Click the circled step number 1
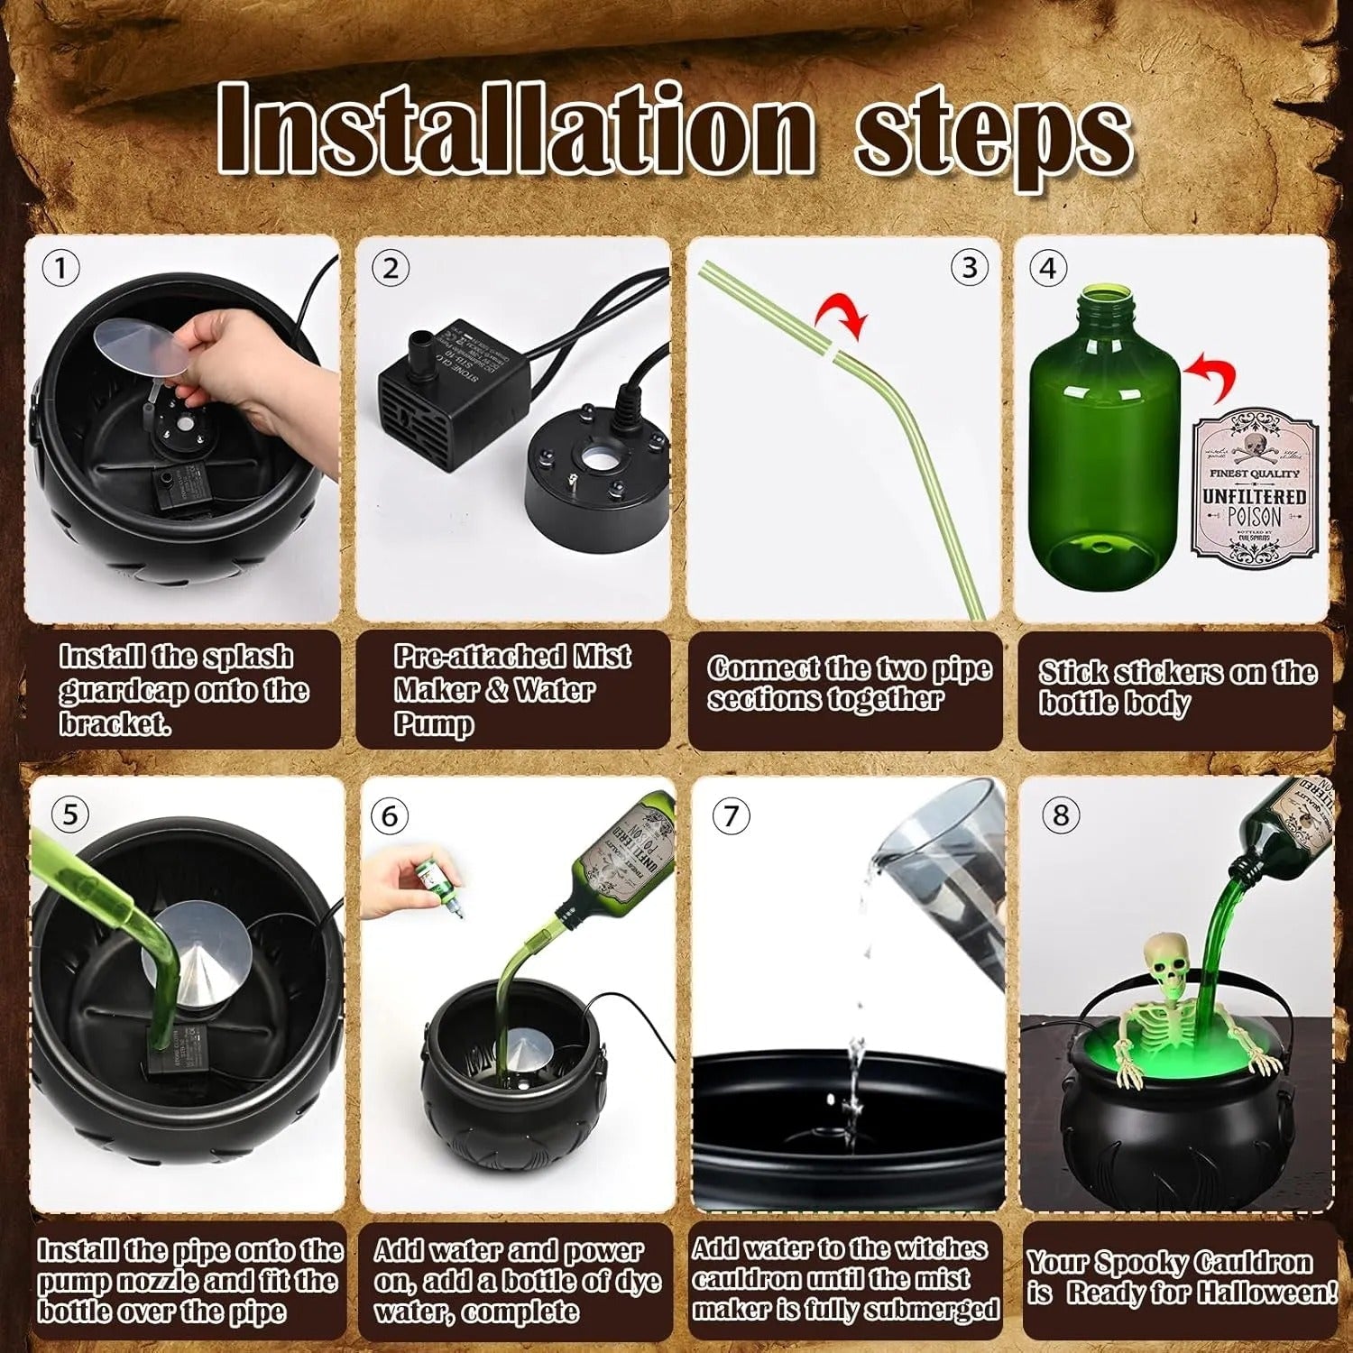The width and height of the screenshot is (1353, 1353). (x=61, y=269)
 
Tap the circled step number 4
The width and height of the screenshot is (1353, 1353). (x=1047, y=269)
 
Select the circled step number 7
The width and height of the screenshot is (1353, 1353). (x=731, y=816)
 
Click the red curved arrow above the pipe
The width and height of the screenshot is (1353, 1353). (x=842, y=318)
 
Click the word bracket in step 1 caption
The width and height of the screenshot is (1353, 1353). (x=114, y=724)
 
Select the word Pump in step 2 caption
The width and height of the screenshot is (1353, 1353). (x=434, y=724)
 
